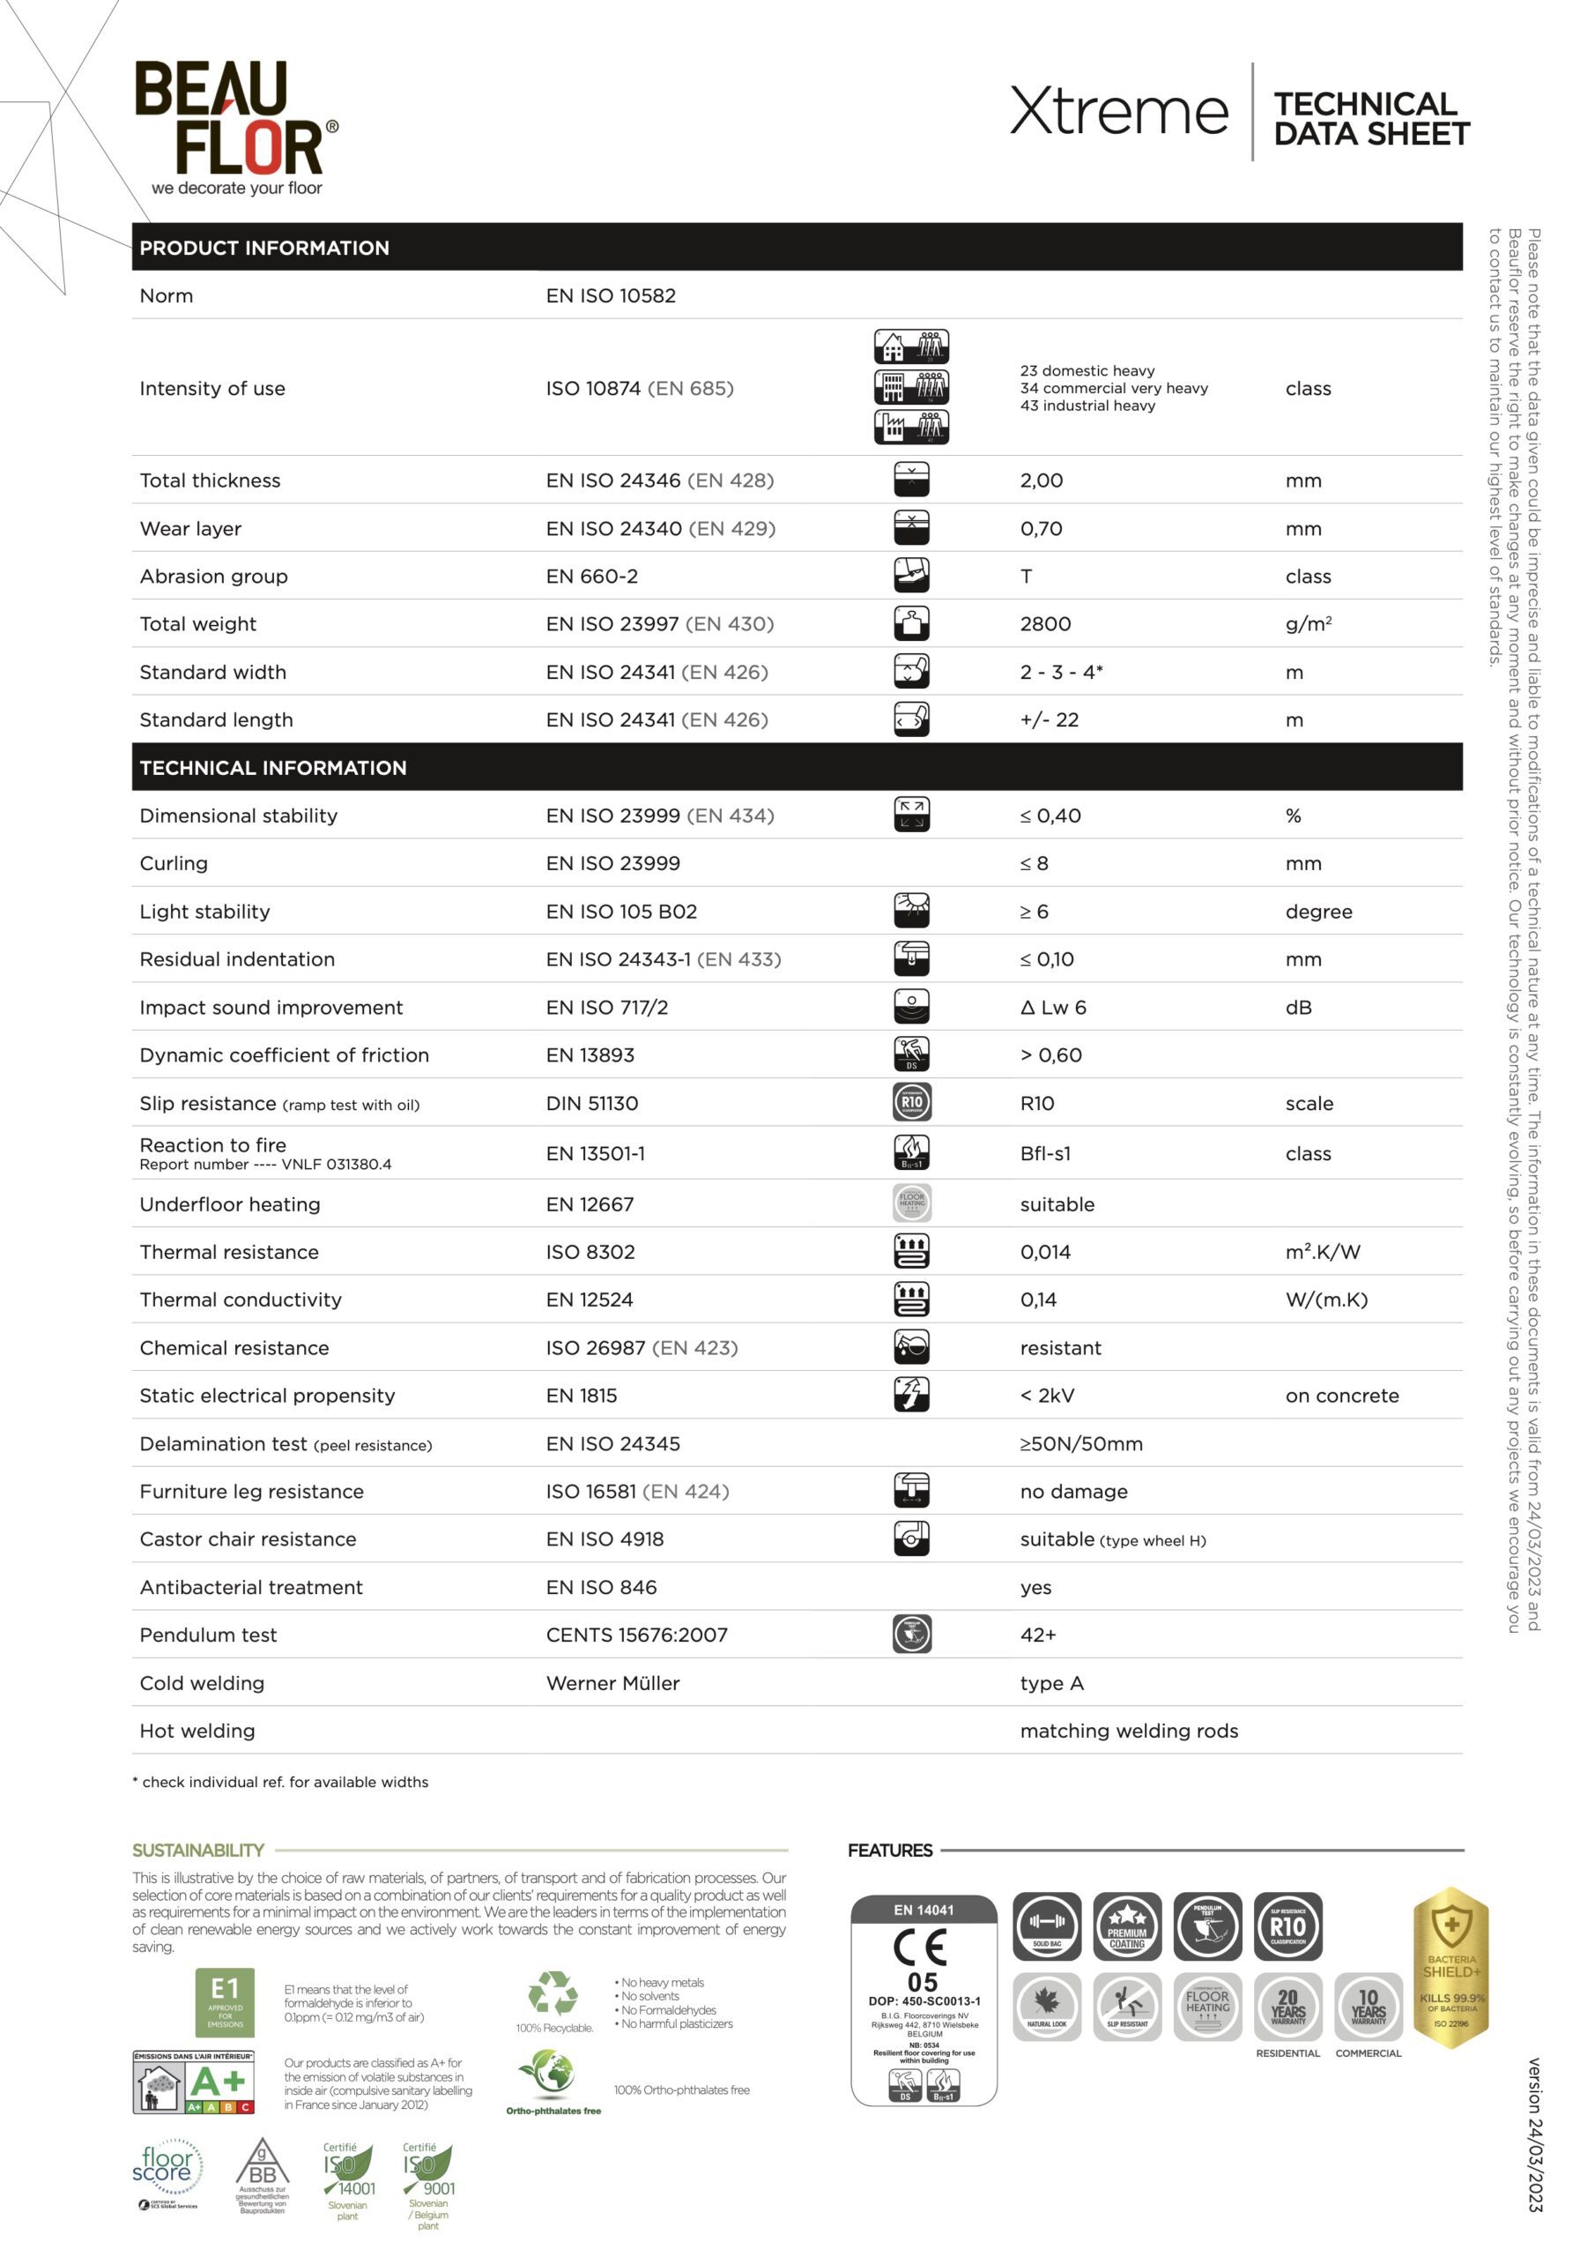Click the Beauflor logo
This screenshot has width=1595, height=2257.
pos(235,126)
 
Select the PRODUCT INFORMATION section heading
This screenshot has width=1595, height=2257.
pos(264,248)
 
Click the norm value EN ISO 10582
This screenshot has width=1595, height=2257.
pos(611,296)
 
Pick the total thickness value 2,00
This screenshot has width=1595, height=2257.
pos(1041,480)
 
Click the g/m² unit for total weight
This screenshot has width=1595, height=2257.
pos(1308,624)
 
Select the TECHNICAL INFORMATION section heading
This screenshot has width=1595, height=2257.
pos(272,768)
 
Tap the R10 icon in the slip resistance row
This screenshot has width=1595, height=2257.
pos(911,1102)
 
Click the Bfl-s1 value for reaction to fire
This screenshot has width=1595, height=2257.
pos(1044,1153)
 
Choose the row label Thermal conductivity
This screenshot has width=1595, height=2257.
pos(241,1300)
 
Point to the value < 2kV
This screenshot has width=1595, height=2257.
pos(1047,1396)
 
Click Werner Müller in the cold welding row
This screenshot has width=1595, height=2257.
pos(612,1683)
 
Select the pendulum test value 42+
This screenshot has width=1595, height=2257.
pos(1038,1635)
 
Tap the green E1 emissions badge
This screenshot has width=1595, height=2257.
pos(225,2001)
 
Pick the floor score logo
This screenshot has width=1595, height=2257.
pos(167,2165)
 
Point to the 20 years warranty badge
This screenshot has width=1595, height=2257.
pos(1287,2007)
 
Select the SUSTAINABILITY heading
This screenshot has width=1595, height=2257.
pos(198,1850)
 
